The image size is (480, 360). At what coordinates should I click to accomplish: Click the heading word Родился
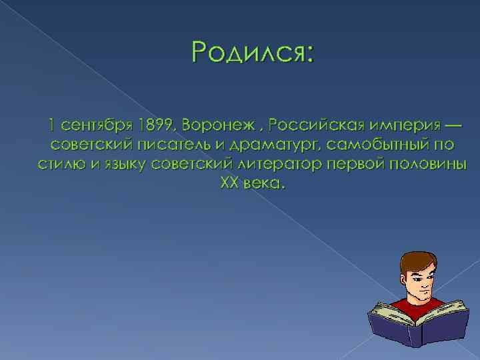pyautogui.click(x=247, y=53)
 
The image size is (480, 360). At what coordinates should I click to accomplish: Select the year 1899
pyautogui.click(x=157, y=125)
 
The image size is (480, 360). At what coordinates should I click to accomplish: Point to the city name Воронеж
pyautogui.click(x=214, y=125)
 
